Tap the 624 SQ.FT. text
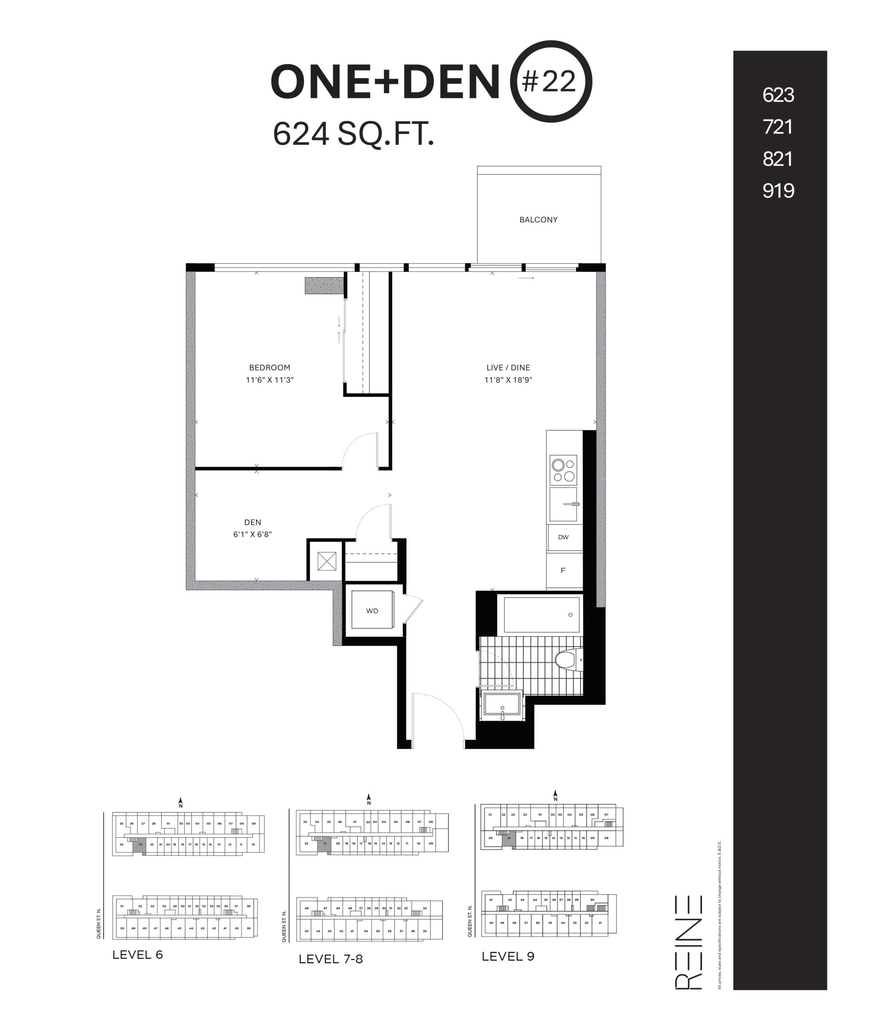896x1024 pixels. pyautogui.click(x=353, y=134)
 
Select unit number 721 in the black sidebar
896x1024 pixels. pyautogui.click(x=778, y=127)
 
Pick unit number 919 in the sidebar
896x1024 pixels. pyautogui.click(x=778, y=190)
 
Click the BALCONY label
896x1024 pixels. pyautogui.click(x=538, y=220)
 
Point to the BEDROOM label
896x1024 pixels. pyautogui.click(x=270, y=368)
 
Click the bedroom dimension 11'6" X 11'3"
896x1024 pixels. pyautogui.click(x=270, y=380)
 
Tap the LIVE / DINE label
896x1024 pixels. pyautogui.click(x=508, y=368)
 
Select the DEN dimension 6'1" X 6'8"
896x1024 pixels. pyautogui.click(x=252, y=534)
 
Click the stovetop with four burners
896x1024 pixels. pyautogui.click(x=563, y=470)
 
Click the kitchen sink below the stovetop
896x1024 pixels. pyautogui.click(x=563, y=504)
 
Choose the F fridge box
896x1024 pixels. pyautogui.click(x=563, y=570)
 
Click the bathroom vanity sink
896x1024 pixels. pyautogui.click(x=502, y=706)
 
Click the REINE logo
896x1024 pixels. pyautogui.click(x=688, y=942)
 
